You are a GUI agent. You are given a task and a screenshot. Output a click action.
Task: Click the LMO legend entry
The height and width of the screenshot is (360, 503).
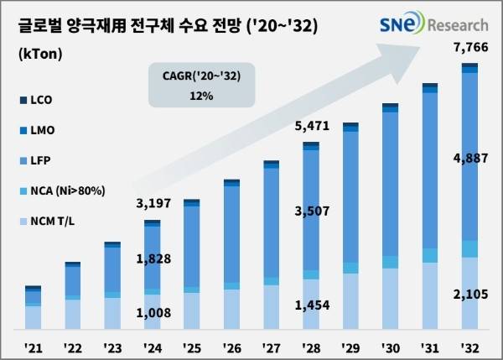coord(41,130)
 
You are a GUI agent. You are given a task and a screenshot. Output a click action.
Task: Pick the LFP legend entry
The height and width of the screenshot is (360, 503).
coord(39,159)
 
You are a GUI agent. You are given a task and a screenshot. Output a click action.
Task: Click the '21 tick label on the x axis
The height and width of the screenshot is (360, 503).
coord(34,346)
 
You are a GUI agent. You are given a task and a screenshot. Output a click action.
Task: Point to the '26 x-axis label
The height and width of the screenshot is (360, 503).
coord(231,346)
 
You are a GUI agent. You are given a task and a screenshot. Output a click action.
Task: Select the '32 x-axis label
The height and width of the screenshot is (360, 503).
coord(469,346)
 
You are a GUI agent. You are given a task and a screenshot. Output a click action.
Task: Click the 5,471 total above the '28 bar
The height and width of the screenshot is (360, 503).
coord(312,128)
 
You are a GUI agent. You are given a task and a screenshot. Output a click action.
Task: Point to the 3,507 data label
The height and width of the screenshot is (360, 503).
coord(312,211)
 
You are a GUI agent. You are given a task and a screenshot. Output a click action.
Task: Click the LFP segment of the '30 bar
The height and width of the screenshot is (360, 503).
coord(391,185)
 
